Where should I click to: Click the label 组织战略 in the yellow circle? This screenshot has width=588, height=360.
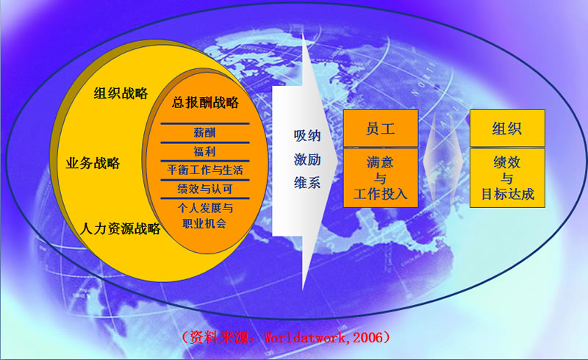point(121,93)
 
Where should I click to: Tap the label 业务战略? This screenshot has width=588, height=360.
point(93,163)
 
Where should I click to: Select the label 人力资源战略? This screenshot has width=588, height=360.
point(120,228)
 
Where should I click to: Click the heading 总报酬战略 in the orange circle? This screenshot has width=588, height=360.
point(205,102)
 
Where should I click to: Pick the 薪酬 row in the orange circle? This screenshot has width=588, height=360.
point(204,132)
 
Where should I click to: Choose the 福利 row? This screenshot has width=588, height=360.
point(204,151)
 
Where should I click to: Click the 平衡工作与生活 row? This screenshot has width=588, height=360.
point(205,170)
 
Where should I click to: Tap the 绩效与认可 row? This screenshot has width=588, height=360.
point(205,189)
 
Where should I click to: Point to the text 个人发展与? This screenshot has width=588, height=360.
point(205,207)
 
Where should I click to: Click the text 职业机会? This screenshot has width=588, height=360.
point(204,223)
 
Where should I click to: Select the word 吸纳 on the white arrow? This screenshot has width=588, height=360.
point(307,135)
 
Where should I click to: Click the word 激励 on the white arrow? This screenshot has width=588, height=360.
point(307,159)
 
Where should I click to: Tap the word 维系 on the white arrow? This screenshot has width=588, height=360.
point(307,183)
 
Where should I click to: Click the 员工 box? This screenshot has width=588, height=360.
point(381,128)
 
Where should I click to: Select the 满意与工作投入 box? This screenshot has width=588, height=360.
point(381,178)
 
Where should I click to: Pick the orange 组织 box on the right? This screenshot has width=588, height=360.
point(507,128)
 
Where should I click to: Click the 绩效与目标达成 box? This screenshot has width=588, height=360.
point(507,178)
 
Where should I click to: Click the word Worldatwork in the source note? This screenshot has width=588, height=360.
point(304,338)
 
